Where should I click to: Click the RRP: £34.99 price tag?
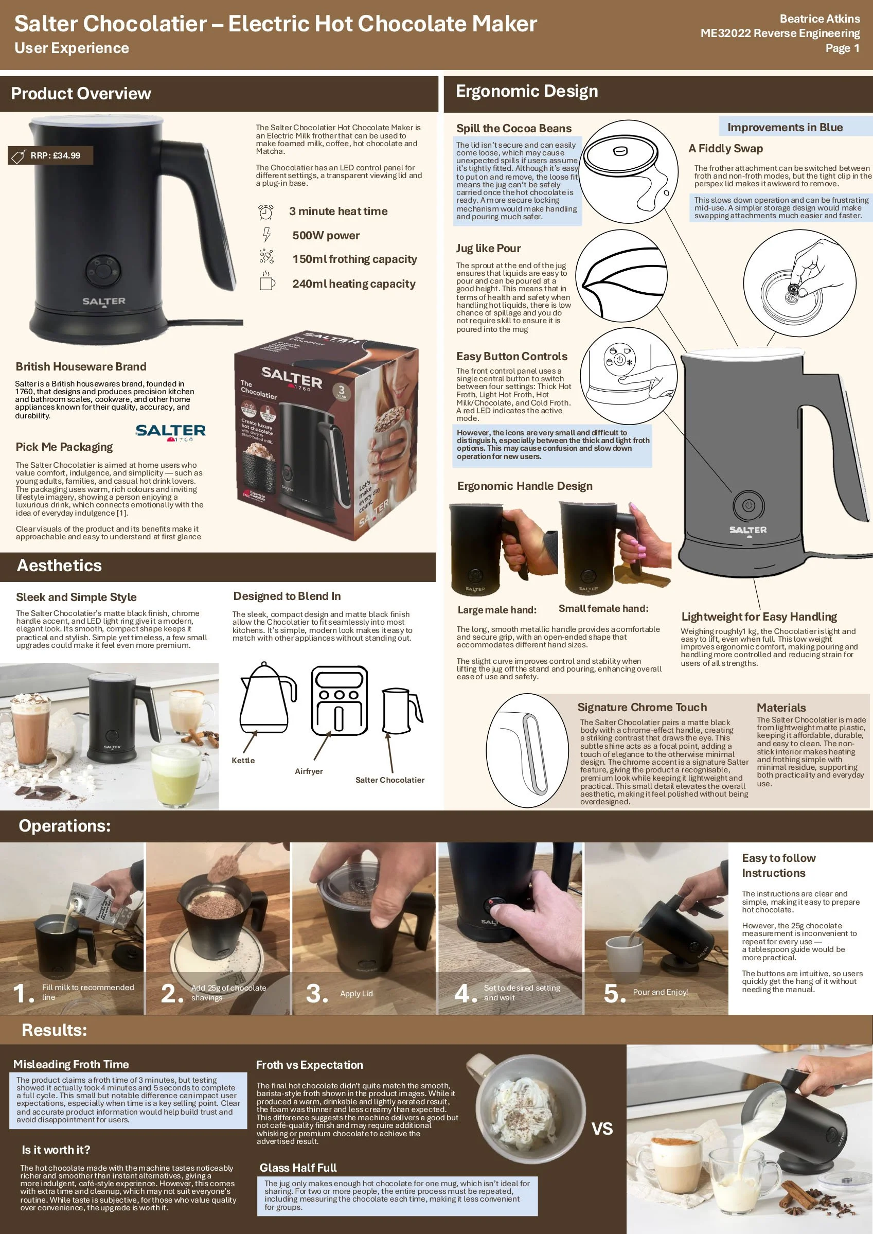50,155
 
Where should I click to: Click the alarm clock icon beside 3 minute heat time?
265,212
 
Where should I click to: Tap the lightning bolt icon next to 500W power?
266,235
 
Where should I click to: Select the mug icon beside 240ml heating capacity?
266,283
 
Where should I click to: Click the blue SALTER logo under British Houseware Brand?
170,431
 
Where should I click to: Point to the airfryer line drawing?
339,700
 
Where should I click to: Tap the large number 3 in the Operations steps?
316,993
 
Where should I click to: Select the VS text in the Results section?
602,1128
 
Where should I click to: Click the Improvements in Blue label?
785,128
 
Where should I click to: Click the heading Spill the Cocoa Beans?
514,128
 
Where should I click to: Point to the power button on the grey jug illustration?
749,505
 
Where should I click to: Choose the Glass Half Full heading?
298,1167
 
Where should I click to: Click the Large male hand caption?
497,610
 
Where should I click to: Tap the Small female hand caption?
603,608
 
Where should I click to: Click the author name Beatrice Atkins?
820,19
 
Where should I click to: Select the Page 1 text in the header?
842,48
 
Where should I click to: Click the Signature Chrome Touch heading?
642,707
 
